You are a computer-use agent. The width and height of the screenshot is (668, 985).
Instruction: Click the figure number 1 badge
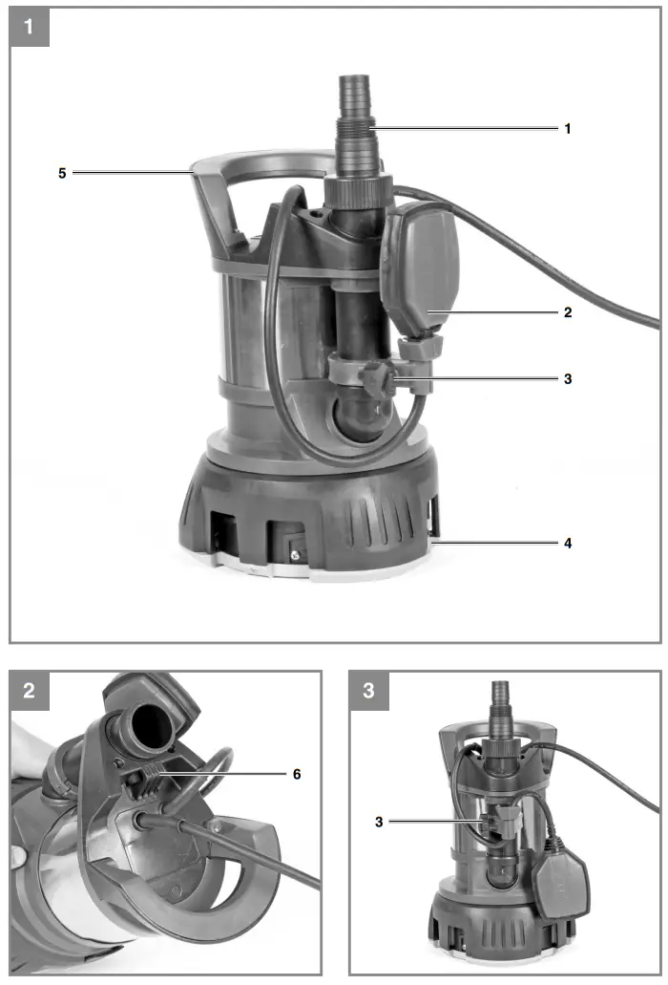click(29, 27)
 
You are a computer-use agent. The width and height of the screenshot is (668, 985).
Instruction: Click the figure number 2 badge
click(29, 691)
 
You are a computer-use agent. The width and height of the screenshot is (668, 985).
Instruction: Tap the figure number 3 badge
click(369, 691)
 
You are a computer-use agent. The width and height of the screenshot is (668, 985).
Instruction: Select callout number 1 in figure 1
click(568, 127)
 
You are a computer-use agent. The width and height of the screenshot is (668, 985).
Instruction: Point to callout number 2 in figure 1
click(568, 311)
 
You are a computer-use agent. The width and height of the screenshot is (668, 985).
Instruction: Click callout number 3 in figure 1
click(568, 378)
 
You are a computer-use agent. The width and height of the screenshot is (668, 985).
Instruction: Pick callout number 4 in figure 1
click(568, 543)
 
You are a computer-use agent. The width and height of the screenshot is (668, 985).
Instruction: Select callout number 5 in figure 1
click(63, 173)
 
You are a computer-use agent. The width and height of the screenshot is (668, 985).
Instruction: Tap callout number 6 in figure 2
click(297, 774)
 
